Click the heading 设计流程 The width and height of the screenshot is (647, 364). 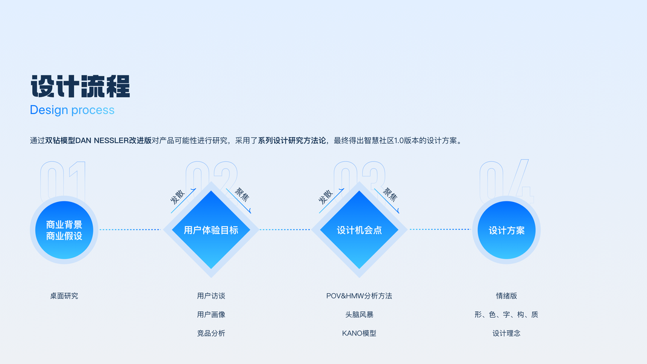tap(80, 86)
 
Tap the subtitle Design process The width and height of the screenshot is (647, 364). tap(72, 110)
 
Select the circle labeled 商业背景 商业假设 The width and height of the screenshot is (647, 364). tap(64, 230)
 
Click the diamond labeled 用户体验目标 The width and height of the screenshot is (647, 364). tap(211, 230)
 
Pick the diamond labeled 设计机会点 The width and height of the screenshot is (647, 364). tap(359, 230)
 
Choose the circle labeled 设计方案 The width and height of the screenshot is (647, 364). tap(506, 230)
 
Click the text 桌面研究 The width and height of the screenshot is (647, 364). tap(64, 296)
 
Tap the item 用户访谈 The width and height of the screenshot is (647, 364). tap(211, 296)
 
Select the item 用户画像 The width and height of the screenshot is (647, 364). tap(211, 315)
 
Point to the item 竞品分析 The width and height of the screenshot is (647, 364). tap(211, 333)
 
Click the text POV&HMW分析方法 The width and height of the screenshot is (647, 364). tap(359, 296)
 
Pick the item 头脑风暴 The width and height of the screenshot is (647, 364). tap(359, 315)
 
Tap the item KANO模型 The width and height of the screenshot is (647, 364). tap(359, 333)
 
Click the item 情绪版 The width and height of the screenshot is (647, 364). tap(506, 296)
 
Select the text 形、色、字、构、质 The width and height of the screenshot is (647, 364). tap(506, 315)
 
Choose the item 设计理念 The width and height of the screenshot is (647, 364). tap(506, 333)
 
